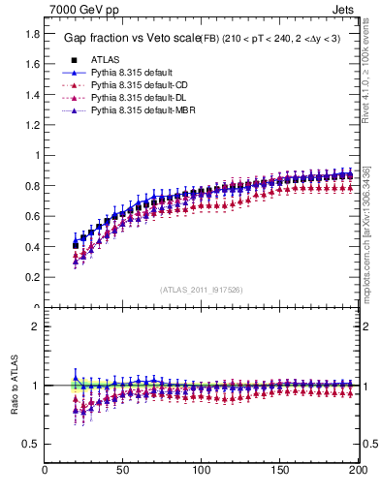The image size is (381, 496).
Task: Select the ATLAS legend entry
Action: pyautogui.click(x=104, y=59)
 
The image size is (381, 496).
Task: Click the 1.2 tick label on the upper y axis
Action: pyautogui.click(x=33, y=124)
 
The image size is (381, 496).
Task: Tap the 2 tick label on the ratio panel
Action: pyautogui.click(x=36, y=326)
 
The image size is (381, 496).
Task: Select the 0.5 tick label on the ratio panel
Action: pyautogui.click(x=33, y=444)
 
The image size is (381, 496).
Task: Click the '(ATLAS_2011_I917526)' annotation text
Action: pyautogui.click(x=202, y=290)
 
